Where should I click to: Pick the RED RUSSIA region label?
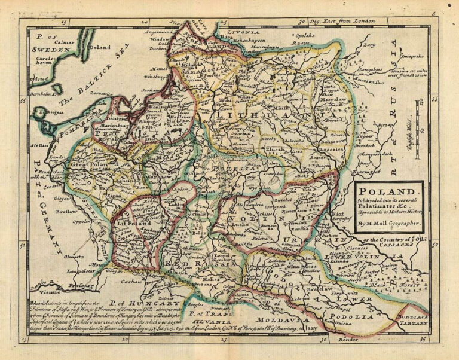[186, 263]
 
